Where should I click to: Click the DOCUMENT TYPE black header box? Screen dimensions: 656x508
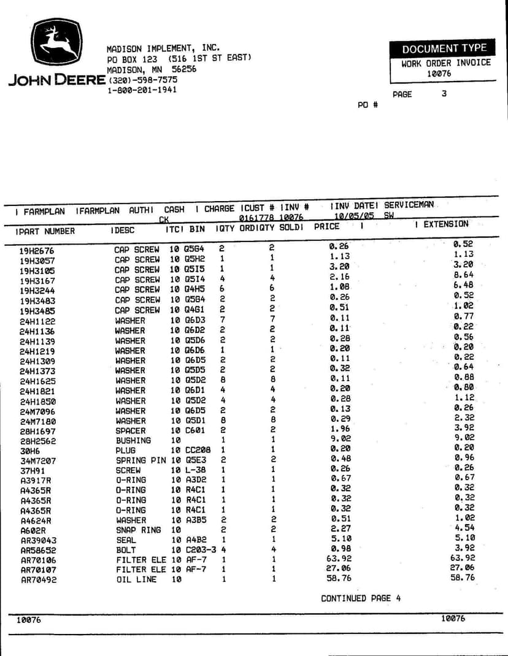tap(444, 48)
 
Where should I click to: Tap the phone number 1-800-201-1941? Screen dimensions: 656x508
tap(142, 90)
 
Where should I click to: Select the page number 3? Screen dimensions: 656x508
tap(444, 94)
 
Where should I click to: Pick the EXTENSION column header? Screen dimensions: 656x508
tap(445, 224)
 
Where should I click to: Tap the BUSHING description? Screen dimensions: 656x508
tap(133, 440)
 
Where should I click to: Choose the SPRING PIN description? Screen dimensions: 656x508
tap(140, 460)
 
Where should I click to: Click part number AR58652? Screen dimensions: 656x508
tap(39, 550)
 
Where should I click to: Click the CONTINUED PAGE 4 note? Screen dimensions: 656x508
tap(361, 598)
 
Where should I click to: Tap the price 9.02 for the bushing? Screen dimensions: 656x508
tap(340, 439)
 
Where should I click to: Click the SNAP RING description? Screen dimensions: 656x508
tap(139, 530)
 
